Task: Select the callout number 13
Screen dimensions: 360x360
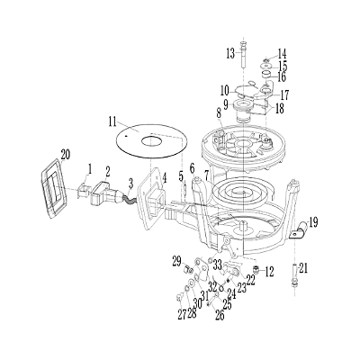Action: tap(230, 52)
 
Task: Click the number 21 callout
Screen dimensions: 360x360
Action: tap(303, 266)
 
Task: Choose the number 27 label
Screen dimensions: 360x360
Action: tap(181, 314)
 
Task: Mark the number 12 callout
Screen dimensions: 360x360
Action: tap(270, 271)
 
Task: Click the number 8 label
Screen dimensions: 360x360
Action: tap(218, 112)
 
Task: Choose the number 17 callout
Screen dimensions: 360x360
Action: tap(283, 94)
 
